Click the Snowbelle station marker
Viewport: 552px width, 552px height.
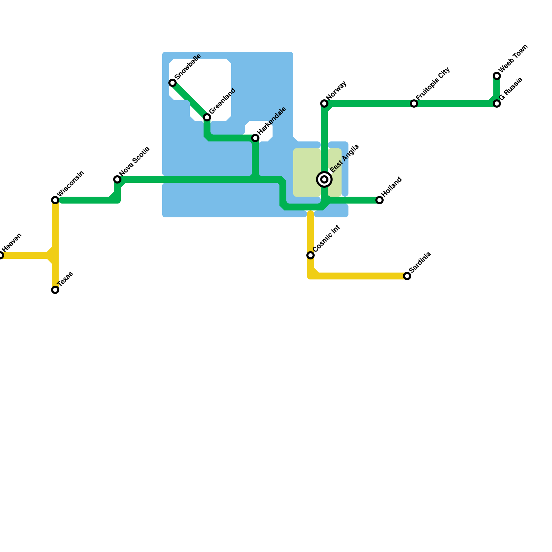coord(172,83)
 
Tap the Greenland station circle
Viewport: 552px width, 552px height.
coord(207,117)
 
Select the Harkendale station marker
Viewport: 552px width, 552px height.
coord(255,138)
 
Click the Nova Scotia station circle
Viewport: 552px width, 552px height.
coord(117,179)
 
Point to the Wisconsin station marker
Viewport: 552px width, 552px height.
coord(55,200)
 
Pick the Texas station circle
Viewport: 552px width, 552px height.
coord(55,290)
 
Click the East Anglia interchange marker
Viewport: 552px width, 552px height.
coord(324,179)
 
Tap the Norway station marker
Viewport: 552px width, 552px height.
coord(324,103)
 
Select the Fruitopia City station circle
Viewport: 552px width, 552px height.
coord(414,103)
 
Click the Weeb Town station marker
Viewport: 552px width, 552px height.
coord(497,76)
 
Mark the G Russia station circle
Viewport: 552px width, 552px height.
coord(497,103)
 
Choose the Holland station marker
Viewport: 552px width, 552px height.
coord(379,200)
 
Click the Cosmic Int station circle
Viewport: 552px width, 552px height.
coord(310,255)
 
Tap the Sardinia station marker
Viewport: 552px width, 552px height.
coord(407,276)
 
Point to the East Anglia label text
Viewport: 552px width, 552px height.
coord(344,158)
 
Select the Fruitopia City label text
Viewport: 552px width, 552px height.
coord(433,83)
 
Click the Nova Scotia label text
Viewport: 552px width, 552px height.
coord(134,161)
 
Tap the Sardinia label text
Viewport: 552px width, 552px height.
coord(420,262)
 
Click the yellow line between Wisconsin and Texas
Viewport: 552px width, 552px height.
coord(55,235)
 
